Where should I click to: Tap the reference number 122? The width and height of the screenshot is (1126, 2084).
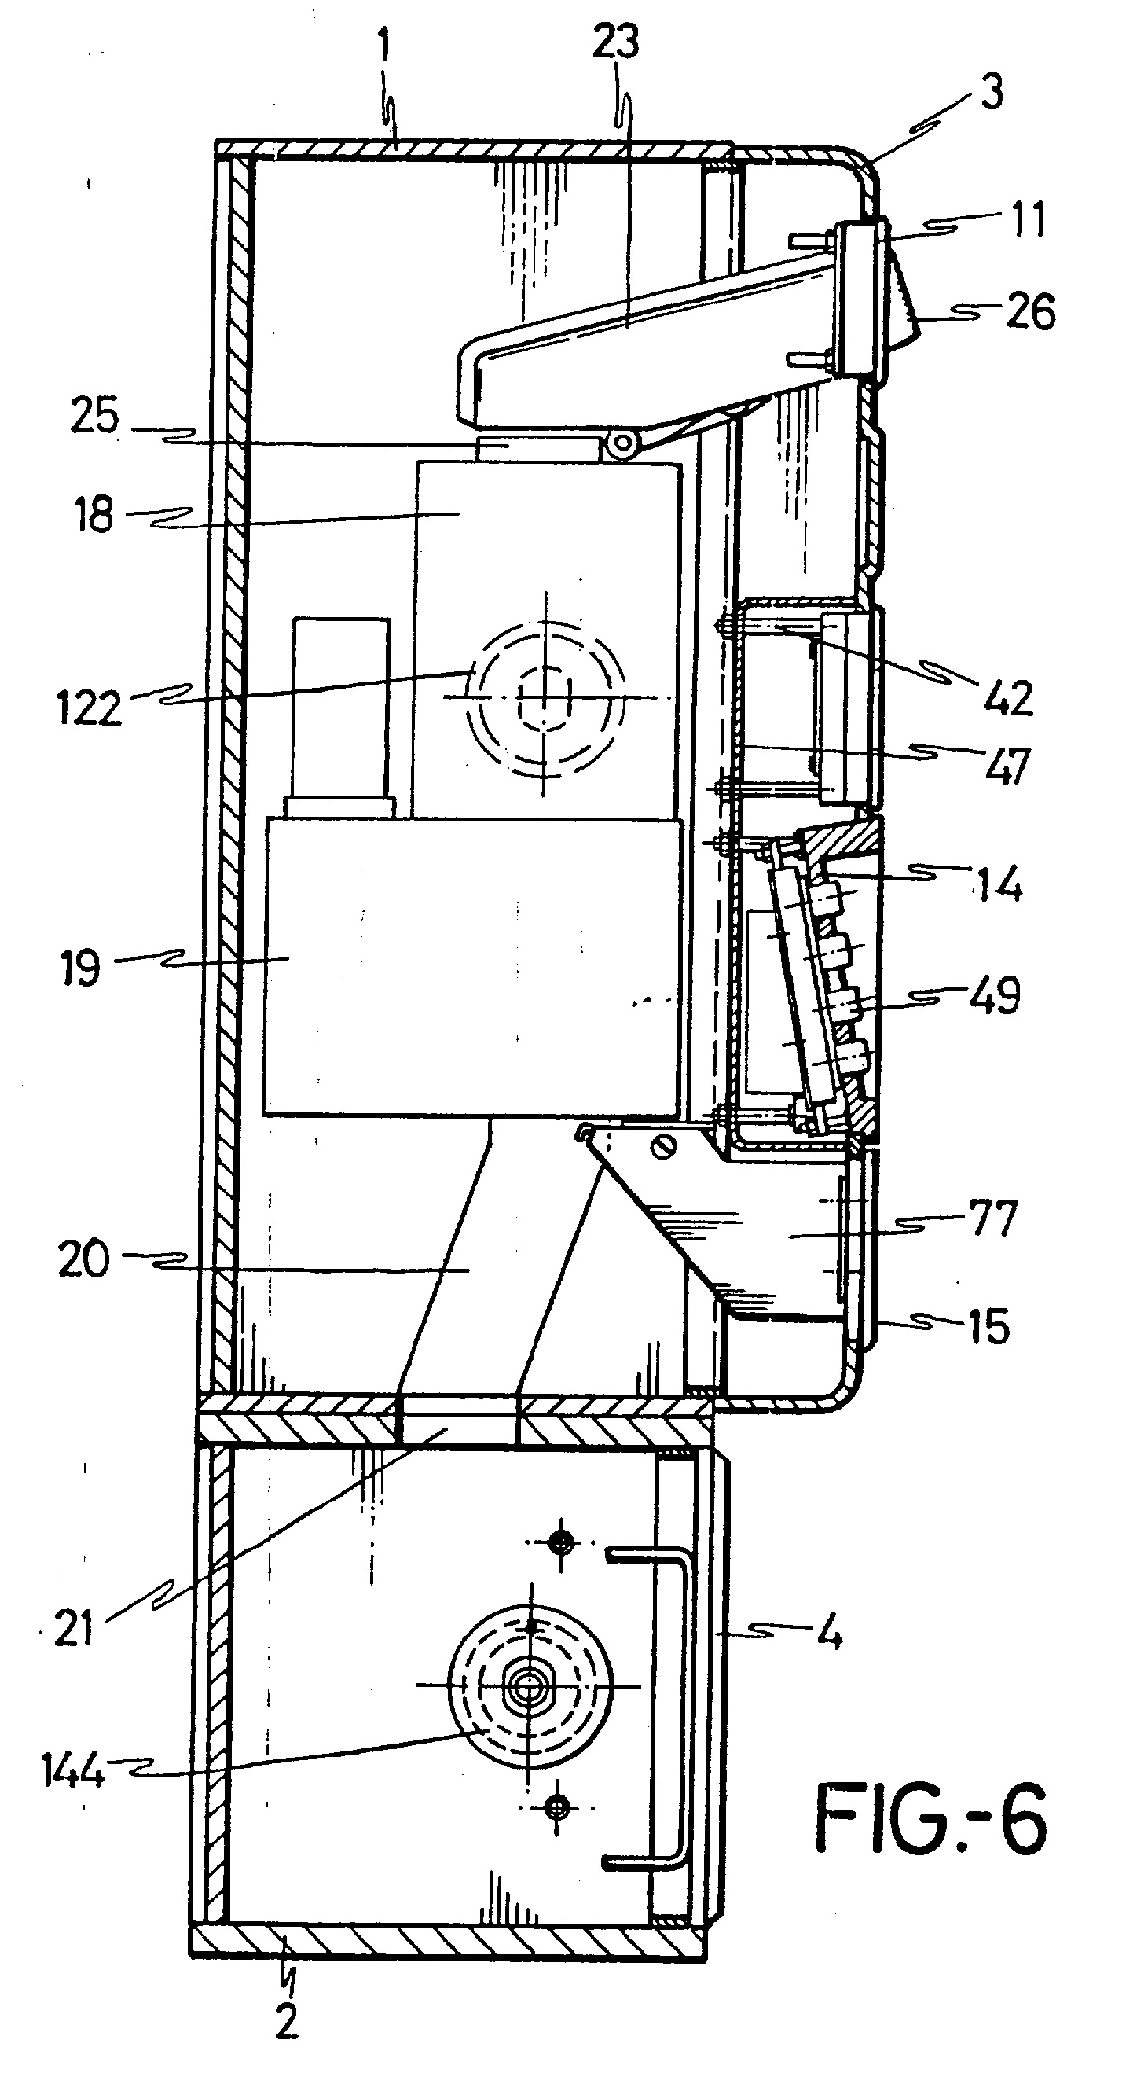89,708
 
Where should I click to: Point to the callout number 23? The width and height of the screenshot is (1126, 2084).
615,42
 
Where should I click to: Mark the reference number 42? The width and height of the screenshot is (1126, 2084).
1009,697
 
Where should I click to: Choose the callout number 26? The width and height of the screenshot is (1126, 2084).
1032,311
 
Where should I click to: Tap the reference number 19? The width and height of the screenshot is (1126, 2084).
81,967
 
